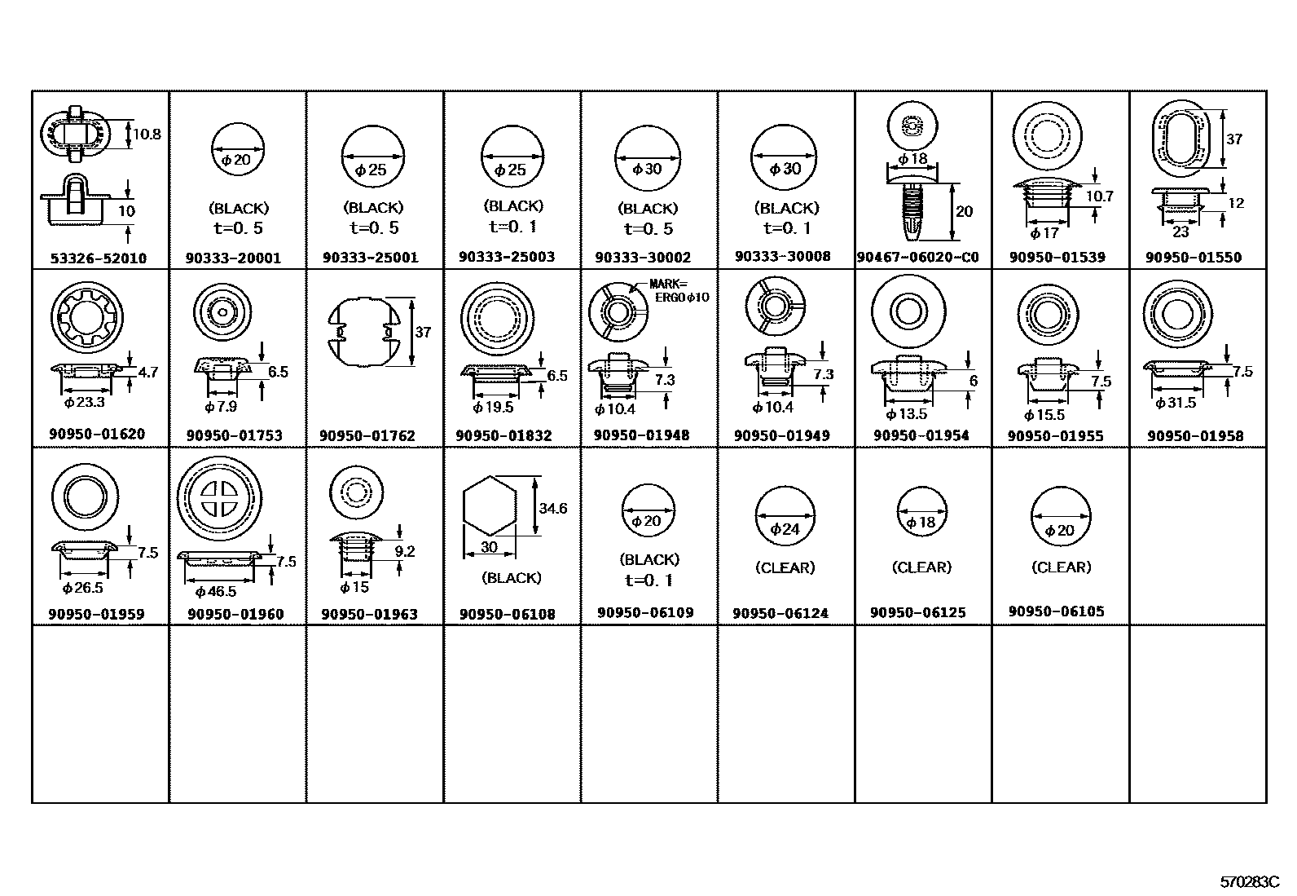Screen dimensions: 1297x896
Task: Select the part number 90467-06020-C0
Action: click(x=917, y=258)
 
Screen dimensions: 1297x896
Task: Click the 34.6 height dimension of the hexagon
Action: click(x=552, y=509)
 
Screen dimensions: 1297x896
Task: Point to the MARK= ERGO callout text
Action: click(x=679, y=291)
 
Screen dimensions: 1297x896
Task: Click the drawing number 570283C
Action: click(x=1250, y=882)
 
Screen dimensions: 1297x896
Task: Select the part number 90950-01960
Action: click(x=235, y=614)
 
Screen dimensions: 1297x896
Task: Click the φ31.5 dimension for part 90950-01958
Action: click(x=1176, y=404)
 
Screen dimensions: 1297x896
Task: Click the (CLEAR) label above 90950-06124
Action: click(x=785, y=567)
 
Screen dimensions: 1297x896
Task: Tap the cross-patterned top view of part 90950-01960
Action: click(x=219, y=497)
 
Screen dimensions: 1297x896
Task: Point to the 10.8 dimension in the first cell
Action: click(x=146, y=135)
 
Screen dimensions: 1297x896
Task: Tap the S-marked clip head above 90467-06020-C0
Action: click(x=912, y=126)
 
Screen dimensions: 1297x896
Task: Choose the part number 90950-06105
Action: click(x=1056, y=611)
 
